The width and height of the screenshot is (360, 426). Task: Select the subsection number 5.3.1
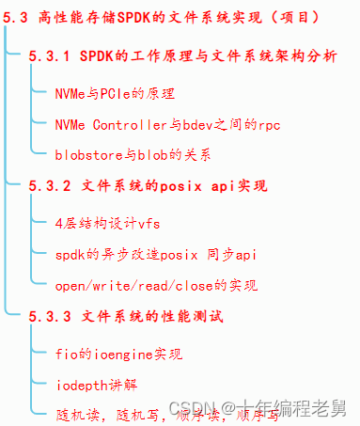pos(48,57)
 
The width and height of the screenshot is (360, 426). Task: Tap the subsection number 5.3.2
pos(48,185)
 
